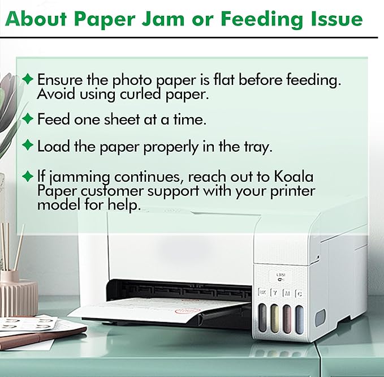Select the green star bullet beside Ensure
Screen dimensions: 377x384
tap(27, 79)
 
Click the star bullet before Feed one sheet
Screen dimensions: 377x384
tap(27, 119)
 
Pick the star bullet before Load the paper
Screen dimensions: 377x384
tap(27, 146)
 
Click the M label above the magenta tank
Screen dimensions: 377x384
tap(287, 293)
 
